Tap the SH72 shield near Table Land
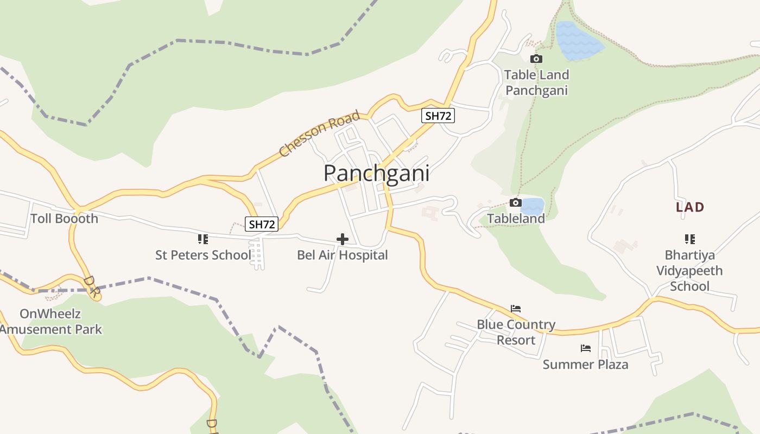point(438,116)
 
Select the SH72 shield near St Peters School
point(262,224)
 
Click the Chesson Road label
point(320,133)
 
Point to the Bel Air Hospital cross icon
point(343,239)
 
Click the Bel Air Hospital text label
point(342,255)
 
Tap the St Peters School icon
point(203,239)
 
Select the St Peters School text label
point(203,255)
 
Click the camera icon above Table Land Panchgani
point(536,59)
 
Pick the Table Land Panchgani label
point(536,82)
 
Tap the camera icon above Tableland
point(516,203)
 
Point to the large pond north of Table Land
point(579,41)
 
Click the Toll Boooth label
point(64,219)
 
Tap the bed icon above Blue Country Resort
point(516,309)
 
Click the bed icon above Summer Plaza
point(585,348)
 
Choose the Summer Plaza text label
point(585,364)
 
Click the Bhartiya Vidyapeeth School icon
point(689,239)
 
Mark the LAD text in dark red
point(689,207)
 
